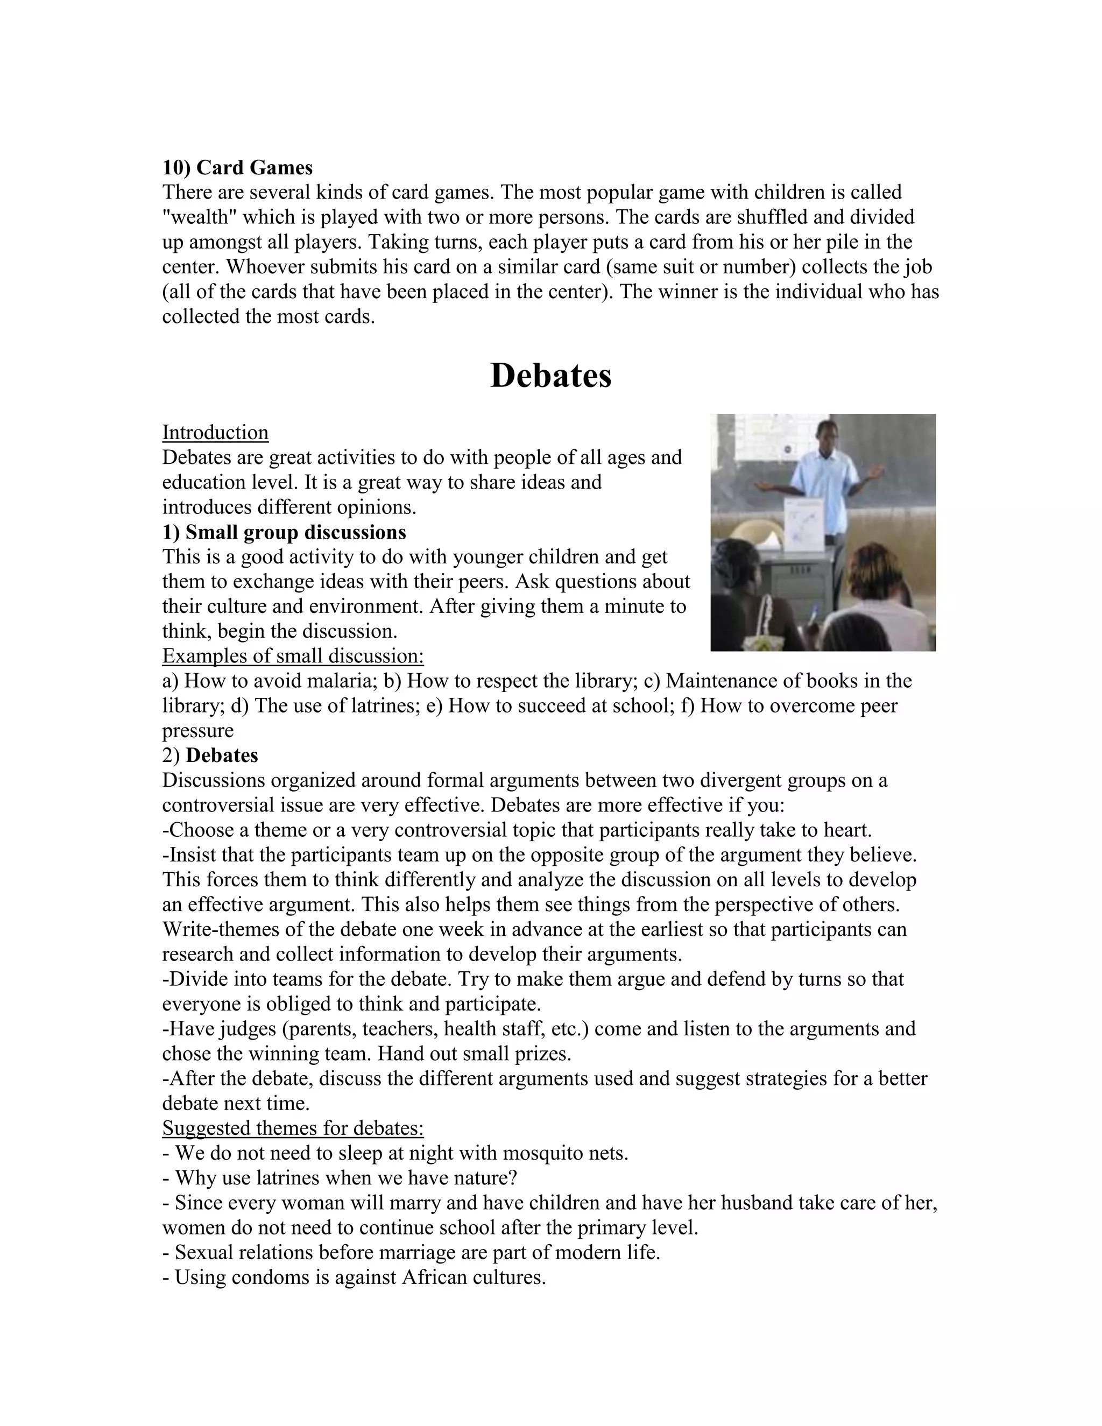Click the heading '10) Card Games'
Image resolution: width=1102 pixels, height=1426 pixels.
click(238, 168)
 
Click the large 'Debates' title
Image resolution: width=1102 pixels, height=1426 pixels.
click(550, 376)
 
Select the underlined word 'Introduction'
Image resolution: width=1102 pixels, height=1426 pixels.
click(215, 432)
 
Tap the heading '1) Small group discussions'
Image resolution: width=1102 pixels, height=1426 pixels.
click(284, 532)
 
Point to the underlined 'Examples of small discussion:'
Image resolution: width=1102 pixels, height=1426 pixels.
click(293, 655)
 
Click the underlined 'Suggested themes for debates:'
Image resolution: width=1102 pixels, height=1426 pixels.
click(293, 1128)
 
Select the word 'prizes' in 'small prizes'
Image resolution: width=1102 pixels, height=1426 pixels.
click(538, 1054)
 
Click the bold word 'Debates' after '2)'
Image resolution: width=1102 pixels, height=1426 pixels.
click(222, 756)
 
